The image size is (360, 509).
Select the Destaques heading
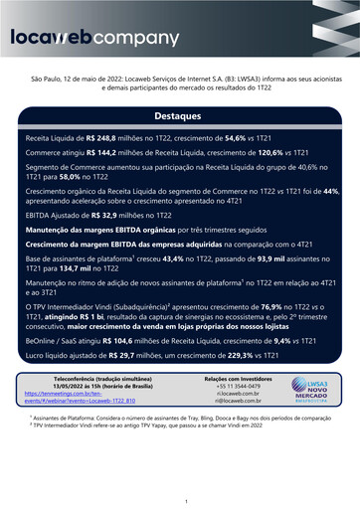coord(180,115)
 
